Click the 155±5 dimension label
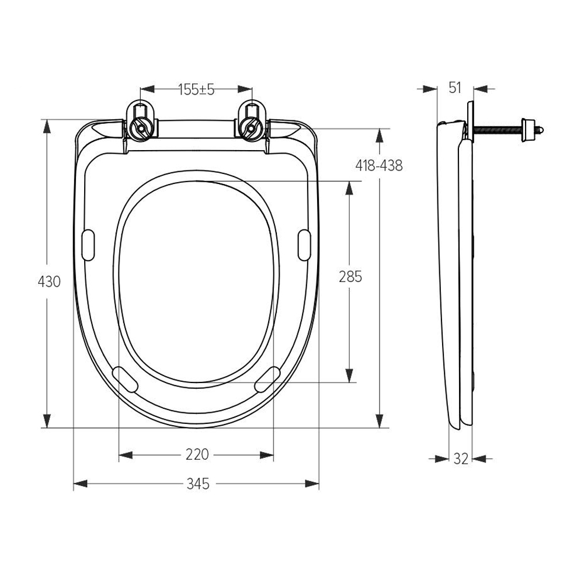196,89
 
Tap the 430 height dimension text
49,281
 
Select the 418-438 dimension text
379,165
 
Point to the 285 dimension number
350,277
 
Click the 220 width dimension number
197,454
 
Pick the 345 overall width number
198,484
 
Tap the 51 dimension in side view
455,88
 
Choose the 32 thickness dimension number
461,459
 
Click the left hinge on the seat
140,122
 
